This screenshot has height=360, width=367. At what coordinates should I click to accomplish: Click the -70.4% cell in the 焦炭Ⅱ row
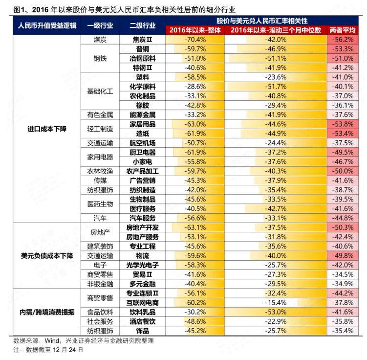click(195, 39)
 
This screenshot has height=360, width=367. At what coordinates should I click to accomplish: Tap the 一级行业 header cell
click(100, 25)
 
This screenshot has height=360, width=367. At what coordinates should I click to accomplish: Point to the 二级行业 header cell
click(143, 25)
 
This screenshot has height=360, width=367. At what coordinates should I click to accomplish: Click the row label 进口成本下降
click(46, 129)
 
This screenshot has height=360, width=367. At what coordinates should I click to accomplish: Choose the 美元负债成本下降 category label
click(46, 255)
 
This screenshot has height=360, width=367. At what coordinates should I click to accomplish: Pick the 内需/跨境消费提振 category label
click(46, 312)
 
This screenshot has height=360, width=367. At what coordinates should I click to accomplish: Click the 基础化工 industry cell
click(100, 91)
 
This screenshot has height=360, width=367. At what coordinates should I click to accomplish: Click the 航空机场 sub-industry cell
click(143, 143)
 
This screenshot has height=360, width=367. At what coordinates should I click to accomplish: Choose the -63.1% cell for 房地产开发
click(195, 227)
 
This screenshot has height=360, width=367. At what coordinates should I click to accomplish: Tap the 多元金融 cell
click(143, 284)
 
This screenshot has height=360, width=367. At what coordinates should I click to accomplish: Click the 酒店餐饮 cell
click(143, 321)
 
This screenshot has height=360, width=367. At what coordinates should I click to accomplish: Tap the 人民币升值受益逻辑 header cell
click(46, 25)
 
